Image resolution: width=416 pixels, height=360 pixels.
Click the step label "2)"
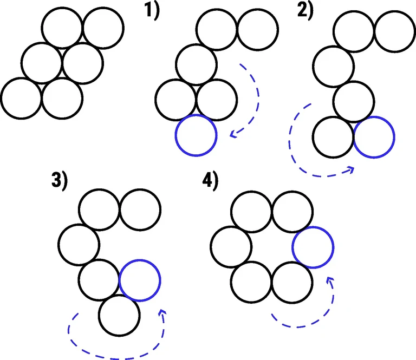[x=305, y=10]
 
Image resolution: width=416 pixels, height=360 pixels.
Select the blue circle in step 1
[x=196, y=135]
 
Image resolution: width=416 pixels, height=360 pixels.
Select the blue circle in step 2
[x=374, y=138]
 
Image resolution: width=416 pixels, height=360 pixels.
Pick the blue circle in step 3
[x=140, y=280]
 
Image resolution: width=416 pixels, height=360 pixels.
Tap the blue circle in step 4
[x=313, y=247]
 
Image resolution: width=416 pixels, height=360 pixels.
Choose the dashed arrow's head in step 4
[x=330, y=279]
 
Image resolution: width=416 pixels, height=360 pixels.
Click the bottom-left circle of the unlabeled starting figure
[x=21, y=98]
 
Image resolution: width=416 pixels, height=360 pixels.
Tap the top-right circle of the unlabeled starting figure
[x=103, y=28]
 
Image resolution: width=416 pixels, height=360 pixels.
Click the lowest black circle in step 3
[x=119, y=316]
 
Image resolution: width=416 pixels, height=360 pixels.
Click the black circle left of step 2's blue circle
[x=334, y=138]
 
